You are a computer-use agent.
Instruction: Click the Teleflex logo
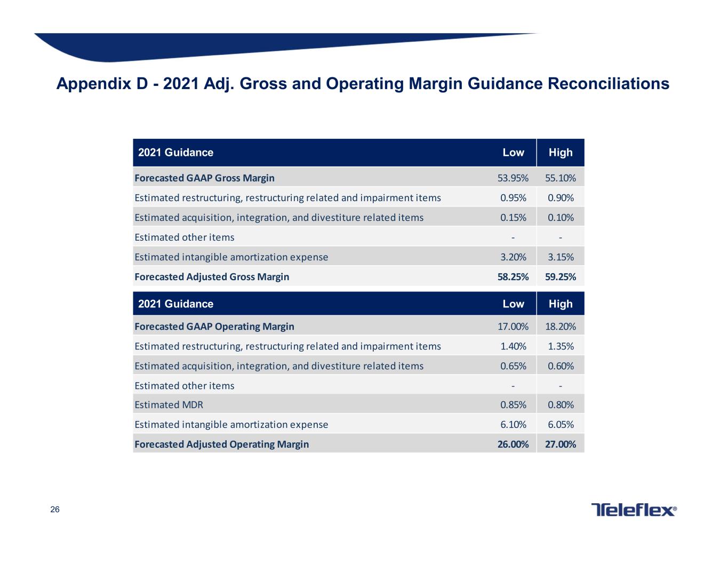click(x=634, y=510)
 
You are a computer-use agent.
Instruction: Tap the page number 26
click(x=54, y=510)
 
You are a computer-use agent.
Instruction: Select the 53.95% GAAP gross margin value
click(x=513, y=178)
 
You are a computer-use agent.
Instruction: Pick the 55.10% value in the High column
click(x=561, y=178)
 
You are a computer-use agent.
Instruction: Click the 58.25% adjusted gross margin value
click(x=513, y=277)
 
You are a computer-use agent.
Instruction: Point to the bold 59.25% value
click(x=561, y=277)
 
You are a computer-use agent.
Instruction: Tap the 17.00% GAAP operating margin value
click(x=513, y=327)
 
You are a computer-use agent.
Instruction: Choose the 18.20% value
click(x=561, y=327)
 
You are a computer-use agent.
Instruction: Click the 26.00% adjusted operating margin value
click(x=513, y=445)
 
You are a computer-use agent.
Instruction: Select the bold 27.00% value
click(x=561, y=445)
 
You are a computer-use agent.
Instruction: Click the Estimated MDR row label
click(x=169, y=405)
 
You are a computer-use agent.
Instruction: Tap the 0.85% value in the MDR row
click(x=513, y=405)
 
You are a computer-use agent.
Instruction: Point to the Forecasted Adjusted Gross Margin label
click(x=212, y=277)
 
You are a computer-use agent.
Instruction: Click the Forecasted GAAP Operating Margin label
click(x=214, y=327)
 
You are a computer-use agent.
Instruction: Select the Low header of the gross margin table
click(x=513, y=153)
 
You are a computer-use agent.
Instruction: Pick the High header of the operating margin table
click(x=561, y=304)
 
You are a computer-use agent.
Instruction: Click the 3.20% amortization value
click(x=513, y=257)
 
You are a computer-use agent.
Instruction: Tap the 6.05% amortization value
click(x=561, y=425)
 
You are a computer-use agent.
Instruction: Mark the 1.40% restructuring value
click(x=513, y=346)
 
